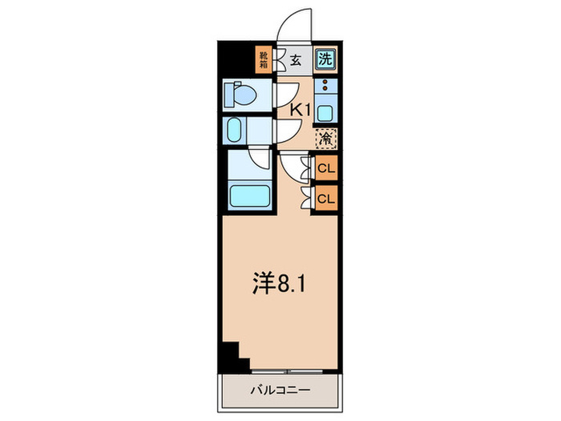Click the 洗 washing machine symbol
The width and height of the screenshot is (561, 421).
point(325,58)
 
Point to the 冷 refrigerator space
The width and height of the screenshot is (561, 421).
point(325,138)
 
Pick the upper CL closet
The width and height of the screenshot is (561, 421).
point(326,168)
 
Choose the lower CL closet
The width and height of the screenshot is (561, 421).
point(326,197)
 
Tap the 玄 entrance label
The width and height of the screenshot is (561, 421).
point(295,59)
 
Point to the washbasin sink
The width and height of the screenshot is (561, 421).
point(234,130)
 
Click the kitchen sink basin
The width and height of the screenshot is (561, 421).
point(325,107)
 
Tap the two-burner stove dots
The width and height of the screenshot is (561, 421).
point(325,85)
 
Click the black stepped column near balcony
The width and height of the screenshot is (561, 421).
point(230,353)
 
